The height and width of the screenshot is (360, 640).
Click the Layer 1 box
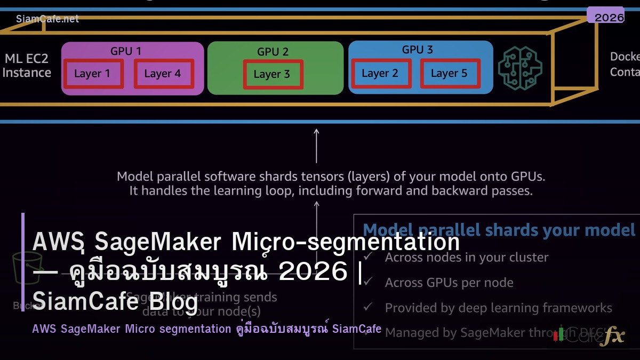[x=93, y=74]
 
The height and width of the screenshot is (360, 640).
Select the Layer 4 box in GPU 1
[x=163, y=74]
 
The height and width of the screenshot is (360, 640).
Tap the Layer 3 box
[x=273, y=74]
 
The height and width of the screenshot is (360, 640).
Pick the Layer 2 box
[x=380, y=74]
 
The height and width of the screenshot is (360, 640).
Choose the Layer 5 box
[x=450, y=74]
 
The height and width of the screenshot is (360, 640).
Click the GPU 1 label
[x=126, y=51]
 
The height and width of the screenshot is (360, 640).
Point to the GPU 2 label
[x=273, y=52]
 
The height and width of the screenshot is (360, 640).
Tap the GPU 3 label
[x=417, y=50]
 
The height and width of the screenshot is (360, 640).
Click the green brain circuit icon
[x=520, y=68]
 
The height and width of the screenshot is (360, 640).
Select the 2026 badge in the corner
[x=609, y=17]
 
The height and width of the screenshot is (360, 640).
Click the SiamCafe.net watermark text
[x=47, y=19]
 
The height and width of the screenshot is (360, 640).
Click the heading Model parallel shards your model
[x=499, y=230]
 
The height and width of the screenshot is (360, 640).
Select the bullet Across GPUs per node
[x=449, y=283]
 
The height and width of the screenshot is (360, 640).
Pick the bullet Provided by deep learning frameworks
[x=498, y=308]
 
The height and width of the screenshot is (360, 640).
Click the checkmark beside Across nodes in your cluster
[x=368, y=257]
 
